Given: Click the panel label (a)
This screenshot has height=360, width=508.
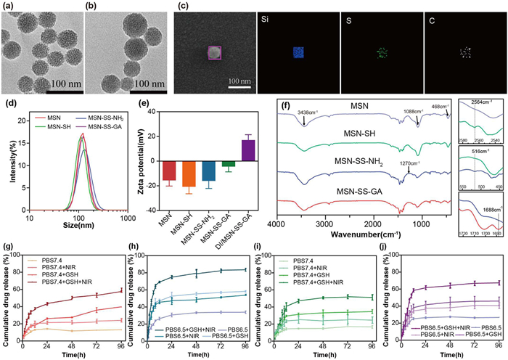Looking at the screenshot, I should point(8,7).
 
